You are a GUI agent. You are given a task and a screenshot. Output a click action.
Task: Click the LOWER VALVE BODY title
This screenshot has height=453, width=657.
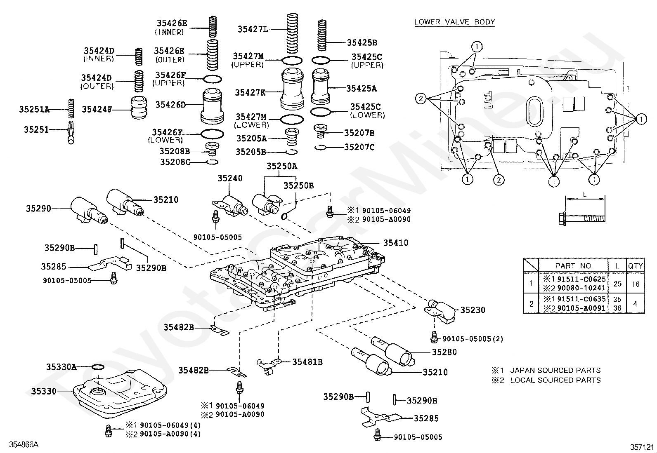tap(454, 22)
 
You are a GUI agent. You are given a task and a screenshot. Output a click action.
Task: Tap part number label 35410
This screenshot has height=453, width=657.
tap(396, 243)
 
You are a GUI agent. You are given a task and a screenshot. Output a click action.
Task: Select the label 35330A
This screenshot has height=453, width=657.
tap(61, 367)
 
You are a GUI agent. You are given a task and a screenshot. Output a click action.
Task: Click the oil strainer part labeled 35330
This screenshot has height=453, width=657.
tap(120, 394)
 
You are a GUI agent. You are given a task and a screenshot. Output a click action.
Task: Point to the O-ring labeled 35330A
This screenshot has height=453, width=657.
tap(98, 367)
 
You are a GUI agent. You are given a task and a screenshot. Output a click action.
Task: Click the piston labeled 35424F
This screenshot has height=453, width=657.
tap(138, 108)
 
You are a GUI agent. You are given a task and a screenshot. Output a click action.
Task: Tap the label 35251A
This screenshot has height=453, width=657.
tap(34, 109)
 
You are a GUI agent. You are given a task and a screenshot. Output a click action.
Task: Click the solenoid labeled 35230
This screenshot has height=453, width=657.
tap(440, 312)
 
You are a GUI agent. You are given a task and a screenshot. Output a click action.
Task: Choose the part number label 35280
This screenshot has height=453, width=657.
tap(444, 352)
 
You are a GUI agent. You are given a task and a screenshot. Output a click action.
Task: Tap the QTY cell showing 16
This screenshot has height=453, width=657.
tap(636, 284)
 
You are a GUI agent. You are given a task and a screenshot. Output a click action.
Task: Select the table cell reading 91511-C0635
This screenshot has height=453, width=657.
tap(581, 299)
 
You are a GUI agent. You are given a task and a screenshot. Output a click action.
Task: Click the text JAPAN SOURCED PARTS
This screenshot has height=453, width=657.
tap(555, 371)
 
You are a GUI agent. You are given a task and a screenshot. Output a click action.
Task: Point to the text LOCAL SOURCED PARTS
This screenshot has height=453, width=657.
tap(555, 380)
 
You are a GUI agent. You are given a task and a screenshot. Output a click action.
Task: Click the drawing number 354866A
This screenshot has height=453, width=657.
tap(24, 444)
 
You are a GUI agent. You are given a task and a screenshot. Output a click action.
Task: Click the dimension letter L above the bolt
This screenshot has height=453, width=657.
tap(584, 195)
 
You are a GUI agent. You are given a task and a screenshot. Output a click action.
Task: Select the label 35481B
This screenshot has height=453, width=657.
tap(307, 362)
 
